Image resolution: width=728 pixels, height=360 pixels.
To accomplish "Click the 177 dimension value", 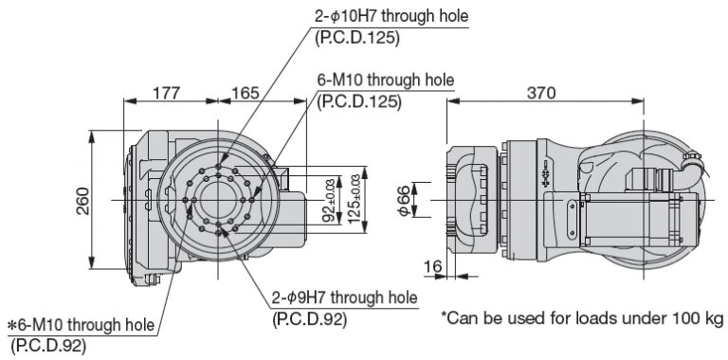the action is point(166,93).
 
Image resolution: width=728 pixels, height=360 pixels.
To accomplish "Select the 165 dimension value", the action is point(246,93).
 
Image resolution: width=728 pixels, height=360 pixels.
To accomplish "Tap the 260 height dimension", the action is point(83,201).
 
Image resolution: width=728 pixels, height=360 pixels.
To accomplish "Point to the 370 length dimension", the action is point(541,93).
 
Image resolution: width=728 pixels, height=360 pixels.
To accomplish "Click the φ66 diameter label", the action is point(404,201).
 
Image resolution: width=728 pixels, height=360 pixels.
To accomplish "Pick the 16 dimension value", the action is point(432,267).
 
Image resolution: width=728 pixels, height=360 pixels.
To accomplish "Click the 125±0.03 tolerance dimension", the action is point(355,199).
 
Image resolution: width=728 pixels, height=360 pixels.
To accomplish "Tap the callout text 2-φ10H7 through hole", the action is point(391,17).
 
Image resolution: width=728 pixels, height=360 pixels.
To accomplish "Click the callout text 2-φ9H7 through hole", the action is point(345,297).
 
